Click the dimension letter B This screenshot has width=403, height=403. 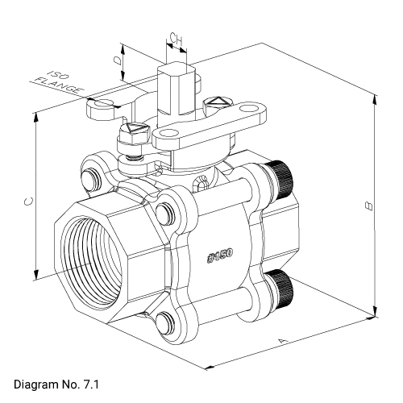click(x=368, y=206)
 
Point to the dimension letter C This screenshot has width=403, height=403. click(x=27, y=203)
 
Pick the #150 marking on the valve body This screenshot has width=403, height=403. click(x=220, y=256)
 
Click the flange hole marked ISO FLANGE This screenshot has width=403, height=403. click(x=102, y=104)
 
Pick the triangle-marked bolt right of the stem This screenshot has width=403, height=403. click(x=216, y=103)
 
